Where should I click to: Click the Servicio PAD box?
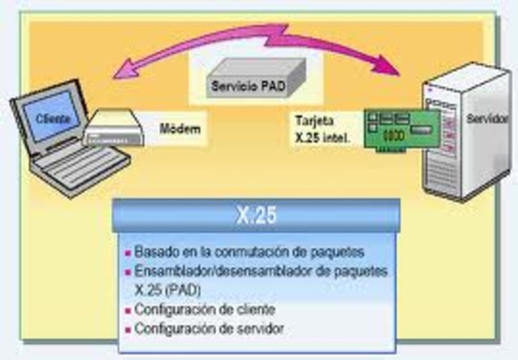click(x=244, y=84)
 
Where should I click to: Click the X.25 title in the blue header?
click(x=258, y=215)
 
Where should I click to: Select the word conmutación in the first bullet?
click(x=231, y=251)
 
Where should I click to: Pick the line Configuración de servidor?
click(x=209, y=329)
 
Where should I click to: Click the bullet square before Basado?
click(x=127, y=252)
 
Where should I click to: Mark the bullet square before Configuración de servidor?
click(x=127, y=330)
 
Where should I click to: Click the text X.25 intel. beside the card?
click(x=321, y=138)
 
